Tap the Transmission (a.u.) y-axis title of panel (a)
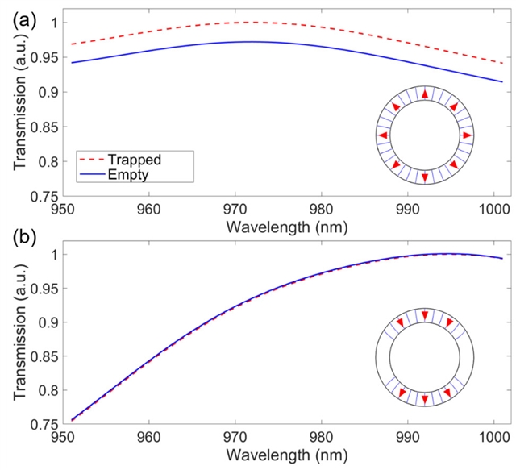coord(18,105)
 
